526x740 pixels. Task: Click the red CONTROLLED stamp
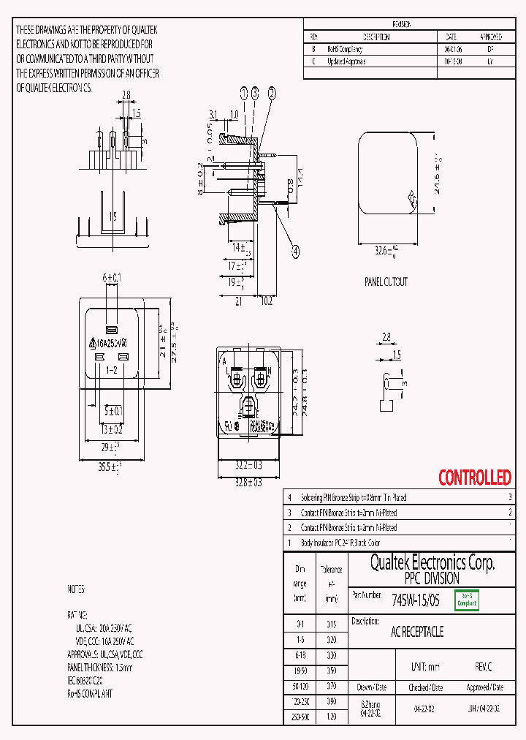[x=474, y=477]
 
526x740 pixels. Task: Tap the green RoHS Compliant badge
[x=467, y=600]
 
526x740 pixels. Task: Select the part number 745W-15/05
[x=416, y=600]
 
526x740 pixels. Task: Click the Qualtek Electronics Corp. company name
[x=432, y=562]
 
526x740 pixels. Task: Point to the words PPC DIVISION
[x=432, y=578]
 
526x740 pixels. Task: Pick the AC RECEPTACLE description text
[x=417, y=632]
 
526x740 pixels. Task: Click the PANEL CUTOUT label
[x=386, y=282]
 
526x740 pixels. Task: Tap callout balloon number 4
[x=295, y=252]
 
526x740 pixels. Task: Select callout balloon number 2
[x=272, y=93]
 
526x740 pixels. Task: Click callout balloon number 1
[x=244, y=93]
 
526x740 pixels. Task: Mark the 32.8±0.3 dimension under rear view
[x=249, y=483]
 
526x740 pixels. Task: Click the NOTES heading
[x=76, y=589]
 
